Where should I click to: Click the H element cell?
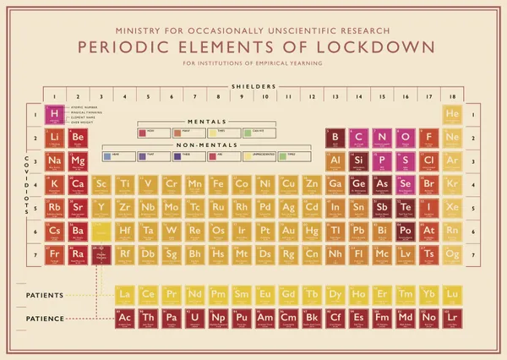click(54, 114)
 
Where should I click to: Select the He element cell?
click(451, 114)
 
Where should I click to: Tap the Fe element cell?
click(218, 184)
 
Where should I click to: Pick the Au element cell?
click(288, 231)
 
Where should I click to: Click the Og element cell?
click(451, 254)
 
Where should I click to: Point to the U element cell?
click(195, 318)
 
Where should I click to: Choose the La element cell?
click(125, 294)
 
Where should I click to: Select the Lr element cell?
click(451, 318)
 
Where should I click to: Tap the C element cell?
click(358, 138)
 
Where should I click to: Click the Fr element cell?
click(54, 254)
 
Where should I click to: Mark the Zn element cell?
click(312, 184)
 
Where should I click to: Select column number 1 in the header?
click(54, 95)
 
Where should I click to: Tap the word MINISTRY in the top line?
click(141, 29)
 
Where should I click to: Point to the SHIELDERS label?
click(253, 86)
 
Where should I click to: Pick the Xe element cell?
click(451, 207)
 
